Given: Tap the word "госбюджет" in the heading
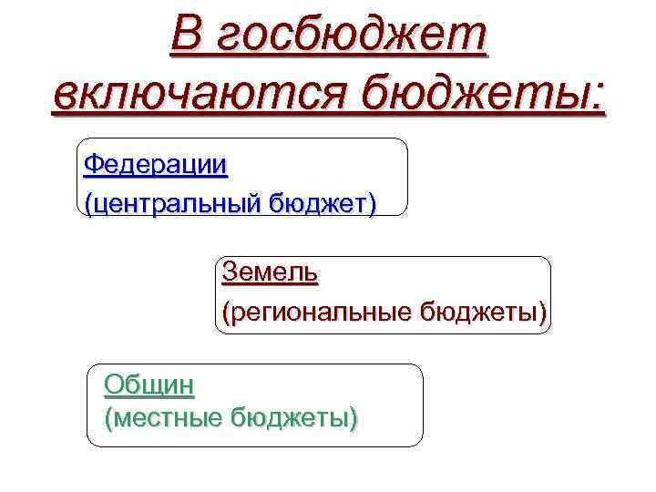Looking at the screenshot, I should click(355, 38).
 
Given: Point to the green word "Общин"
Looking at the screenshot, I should click(149, 384).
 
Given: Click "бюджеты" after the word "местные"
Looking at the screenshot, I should click(292, 418).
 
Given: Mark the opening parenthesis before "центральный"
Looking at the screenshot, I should click(87, 201).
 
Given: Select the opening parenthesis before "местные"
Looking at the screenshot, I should click(108, 419).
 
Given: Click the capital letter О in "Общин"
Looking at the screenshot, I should click(114, 384).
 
